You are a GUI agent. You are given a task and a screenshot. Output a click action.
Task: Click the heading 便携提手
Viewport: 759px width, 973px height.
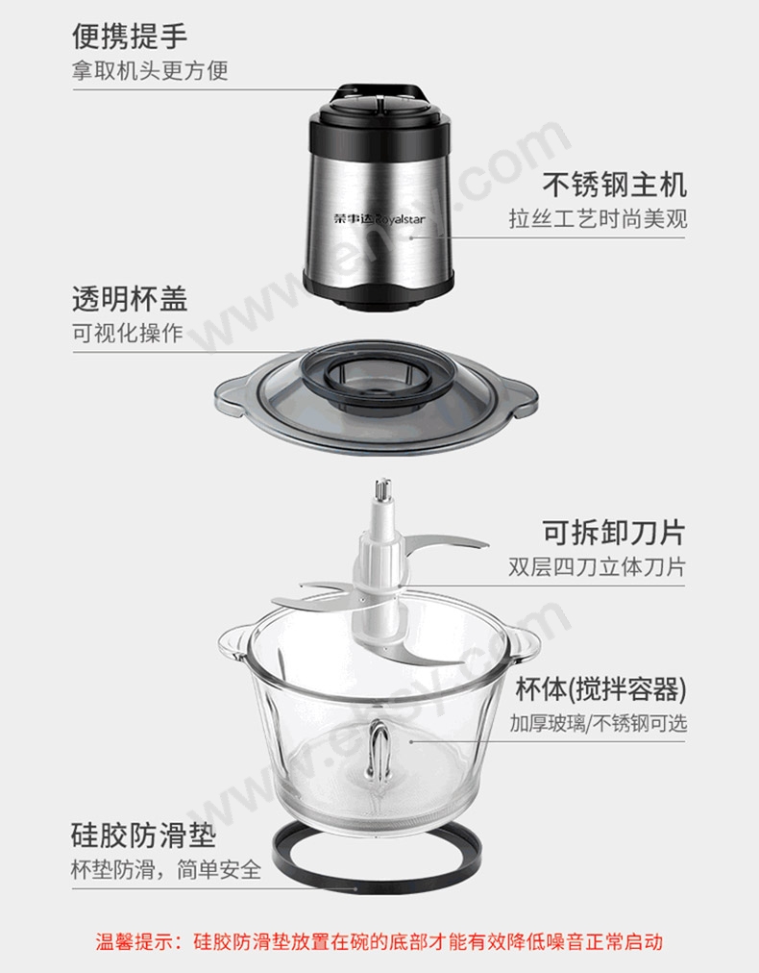click(x=130, y=36)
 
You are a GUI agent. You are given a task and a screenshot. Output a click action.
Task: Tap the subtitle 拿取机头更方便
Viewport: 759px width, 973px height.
click(x=150, y=70)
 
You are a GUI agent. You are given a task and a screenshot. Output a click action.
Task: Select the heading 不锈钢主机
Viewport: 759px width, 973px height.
click(x=615, y=185)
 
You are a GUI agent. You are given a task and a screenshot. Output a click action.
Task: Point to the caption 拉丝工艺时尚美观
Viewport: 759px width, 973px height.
click(x=598, y=218)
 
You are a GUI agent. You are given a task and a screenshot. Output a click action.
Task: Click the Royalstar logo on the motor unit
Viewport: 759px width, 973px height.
click(x=379, y=218)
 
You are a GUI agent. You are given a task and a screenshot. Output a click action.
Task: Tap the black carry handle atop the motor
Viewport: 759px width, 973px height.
click(x=379, y=93)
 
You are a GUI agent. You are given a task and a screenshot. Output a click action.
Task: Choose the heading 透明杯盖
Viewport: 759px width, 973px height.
click(x=130, y=298)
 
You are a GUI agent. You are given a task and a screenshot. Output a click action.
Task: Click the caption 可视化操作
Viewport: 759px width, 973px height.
click(x=128, y=334)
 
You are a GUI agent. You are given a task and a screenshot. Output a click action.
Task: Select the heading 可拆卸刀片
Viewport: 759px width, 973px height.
click(x=614, y=532)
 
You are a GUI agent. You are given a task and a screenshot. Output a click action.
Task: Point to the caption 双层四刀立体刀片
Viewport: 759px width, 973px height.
click(x=597, y=566)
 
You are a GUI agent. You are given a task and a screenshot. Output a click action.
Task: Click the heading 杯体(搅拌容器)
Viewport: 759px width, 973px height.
click(x=600, y=688)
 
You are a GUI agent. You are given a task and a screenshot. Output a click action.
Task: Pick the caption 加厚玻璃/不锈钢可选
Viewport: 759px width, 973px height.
click(x=599, y=724)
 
